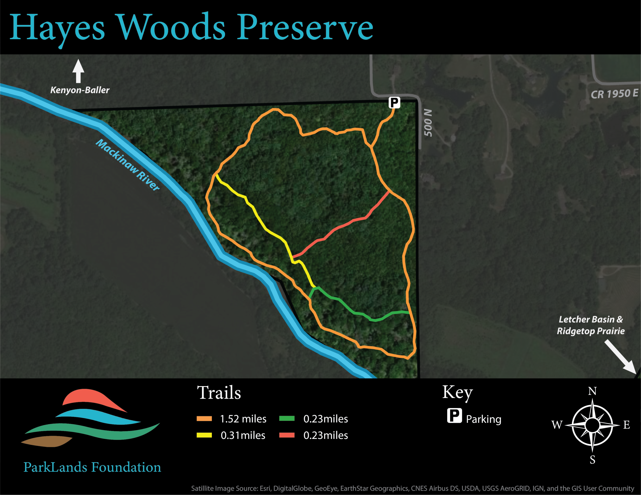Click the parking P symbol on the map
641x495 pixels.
[394, 102]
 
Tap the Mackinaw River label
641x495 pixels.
[128, 165]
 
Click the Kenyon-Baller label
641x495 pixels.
[80, 90]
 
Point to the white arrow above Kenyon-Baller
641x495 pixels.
[78, 71]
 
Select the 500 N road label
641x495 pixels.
[428, 123]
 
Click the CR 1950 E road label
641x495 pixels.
[614, 94]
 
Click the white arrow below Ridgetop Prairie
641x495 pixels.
[620, 357]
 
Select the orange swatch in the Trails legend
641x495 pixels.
[204, 419]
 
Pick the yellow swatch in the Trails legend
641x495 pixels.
[204, 435]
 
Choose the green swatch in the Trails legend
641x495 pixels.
[287, 418]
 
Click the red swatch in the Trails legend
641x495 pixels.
[287, 435]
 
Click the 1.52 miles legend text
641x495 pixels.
[243, 419]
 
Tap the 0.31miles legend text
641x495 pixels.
[243, 435]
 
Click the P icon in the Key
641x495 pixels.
[454, 415]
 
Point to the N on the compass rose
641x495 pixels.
[592, 391]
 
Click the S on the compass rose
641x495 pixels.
[593, 459]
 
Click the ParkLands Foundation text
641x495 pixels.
[92, 467]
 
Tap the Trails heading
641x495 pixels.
[219, 393]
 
